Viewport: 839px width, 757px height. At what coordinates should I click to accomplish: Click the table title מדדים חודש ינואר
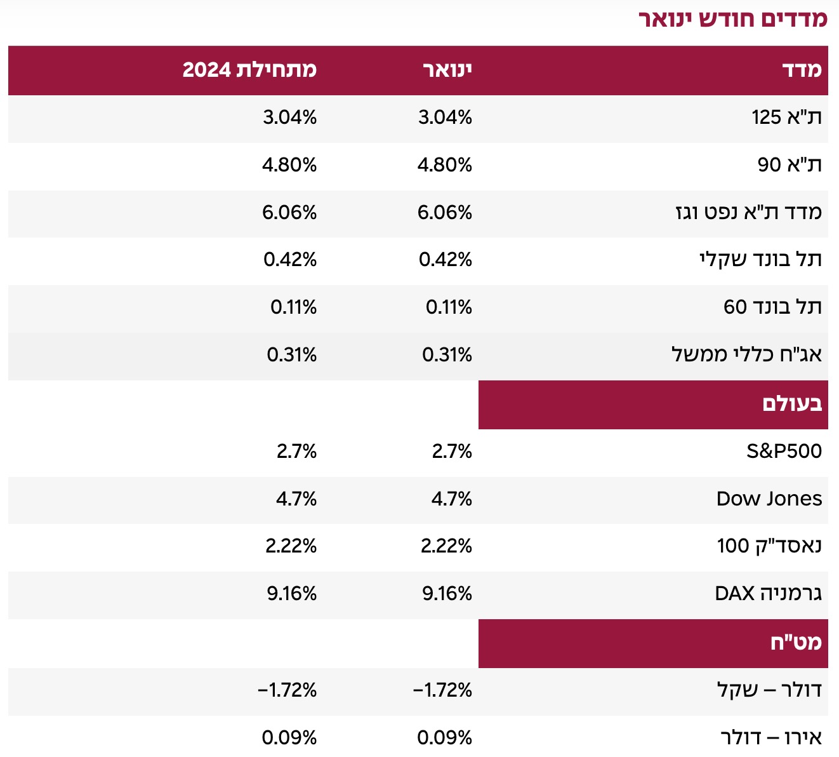coord(732,19)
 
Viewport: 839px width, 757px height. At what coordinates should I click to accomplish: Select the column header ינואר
coord(447,70)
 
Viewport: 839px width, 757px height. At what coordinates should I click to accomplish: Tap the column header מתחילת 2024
coord(249,70)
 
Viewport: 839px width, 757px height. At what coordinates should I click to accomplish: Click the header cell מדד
coord(802,70)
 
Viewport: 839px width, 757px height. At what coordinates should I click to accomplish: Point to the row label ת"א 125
coord(786,117)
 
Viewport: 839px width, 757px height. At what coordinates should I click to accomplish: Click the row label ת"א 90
coord(789,165)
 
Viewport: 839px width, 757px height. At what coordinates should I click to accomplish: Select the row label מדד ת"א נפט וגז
coord(748,212)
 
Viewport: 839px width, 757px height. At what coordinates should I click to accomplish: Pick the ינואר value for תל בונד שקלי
coord(445,260)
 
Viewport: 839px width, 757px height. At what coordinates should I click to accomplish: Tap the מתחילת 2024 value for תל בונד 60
coord(293,307)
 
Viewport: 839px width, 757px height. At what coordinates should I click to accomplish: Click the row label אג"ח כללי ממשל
coord(746,354)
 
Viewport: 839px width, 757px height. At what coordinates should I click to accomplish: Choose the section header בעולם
coord(791,404)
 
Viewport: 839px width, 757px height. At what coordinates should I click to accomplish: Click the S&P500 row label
coord(784,452)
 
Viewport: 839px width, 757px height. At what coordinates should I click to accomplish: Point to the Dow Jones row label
coord(769,499)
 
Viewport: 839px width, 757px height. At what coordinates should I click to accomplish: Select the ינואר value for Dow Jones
coord(451,499)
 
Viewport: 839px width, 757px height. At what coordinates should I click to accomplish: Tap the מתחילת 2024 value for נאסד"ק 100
coord(291,546)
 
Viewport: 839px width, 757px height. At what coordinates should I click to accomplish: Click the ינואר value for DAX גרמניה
coord(447,594)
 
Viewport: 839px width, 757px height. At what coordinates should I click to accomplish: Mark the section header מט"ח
coord(796,643)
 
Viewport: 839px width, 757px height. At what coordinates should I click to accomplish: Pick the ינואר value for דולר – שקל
coord(442,690)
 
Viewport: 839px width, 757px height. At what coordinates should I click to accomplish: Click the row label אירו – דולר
coord(770,738)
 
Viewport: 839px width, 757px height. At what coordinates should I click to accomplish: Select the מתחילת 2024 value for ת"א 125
coord(289,117)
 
